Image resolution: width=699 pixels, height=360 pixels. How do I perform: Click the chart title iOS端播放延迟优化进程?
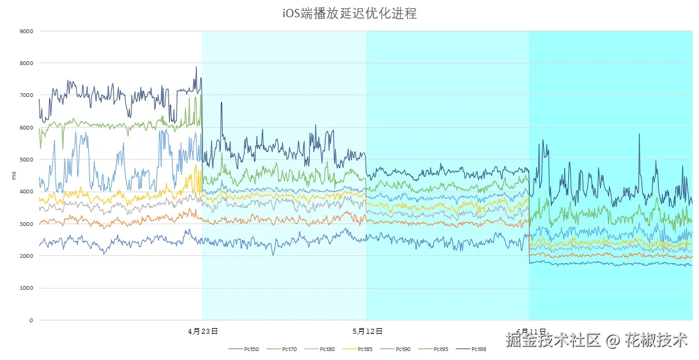click(x=349, y=13)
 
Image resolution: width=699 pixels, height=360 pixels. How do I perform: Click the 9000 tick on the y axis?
click(x=27, y=31)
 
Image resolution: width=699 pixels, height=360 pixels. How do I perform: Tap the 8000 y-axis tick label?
click(x=27, y=63)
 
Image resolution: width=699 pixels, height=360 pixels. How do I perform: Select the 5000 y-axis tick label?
click(x=27, y=160)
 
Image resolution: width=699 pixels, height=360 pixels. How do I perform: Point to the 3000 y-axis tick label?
click(x=27, y=224)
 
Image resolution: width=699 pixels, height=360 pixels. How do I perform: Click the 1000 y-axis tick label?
click(x=27, y=289)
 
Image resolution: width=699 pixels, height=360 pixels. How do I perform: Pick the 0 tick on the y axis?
click(x=31, y=320)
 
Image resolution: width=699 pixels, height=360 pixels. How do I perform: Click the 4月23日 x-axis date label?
click(x=203, y=331)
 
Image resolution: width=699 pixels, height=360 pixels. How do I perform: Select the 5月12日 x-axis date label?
click(x=367, y=331)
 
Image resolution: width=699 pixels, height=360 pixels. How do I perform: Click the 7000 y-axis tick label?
click(x=27, y=95)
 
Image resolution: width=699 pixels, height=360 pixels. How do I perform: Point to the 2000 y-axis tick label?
click(x=27, y=256)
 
